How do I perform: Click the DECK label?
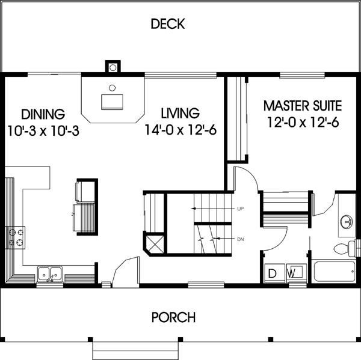[x=168, y=25]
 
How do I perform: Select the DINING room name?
[x=43, y=114]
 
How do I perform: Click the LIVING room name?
[x=180, y=114]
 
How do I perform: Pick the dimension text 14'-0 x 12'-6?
[x=180, y=130]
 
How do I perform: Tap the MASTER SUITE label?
[x=303, y=107]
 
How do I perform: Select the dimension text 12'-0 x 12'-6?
[x=303, y=123]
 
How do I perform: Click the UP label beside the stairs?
[x=240, y=209]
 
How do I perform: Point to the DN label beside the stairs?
[x=240, y=240]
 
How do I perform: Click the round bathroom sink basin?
[x=347, y=221]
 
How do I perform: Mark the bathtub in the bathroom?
[x=333, y=272]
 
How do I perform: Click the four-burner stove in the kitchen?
[x=16, y=237]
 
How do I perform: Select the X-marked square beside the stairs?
[x=153, y=243]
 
